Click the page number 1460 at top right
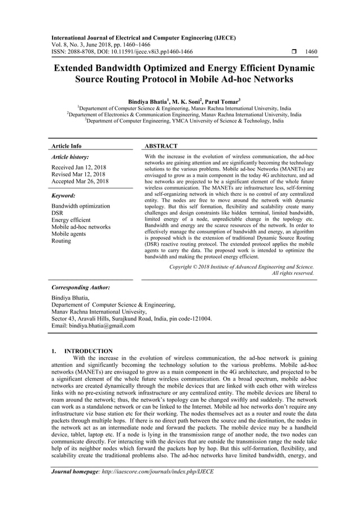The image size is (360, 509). (310, 51)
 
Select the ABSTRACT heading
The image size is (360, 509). (161, 146)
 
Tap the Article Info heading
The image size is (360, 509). (67, 146)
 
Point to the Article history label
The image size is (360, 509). (71, 157)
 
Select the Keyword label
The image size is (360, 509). (63, 196)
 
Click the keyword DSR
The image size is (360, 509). (58, 213)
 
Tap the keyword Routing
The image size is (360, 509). (61, 241)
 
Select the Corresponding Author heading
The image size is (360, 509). (80, 287)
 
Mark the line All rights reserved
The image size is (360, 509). (293, 273)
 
